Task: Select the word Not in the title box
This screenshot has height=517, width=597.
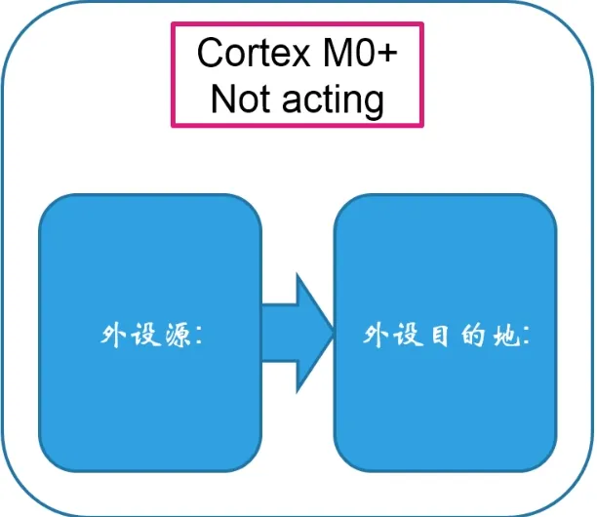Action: [240, 99]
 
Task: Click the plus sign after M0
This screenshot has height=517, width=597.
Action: [388, 55]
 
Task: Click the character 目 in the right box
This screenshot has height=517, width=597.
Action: [436, 335]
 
